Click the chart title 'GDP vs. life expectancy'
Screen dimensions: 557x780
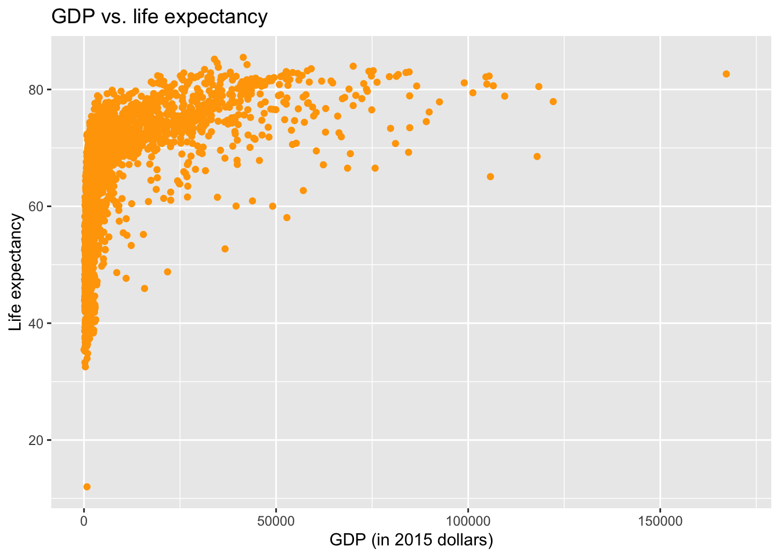[x=160, y=17]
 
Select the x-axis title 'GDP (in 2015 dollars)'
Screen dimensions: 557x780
[x=411, y=540]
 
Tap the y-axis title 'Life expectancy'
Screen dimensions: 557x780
[x=16, y=273]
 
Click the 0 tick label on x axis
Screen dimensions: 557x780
[x=84, y=522]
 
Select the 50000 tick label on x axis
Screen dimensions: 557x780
[x=276, y=522]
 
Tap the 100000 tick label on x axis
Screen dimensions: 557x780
[x=468, y=522]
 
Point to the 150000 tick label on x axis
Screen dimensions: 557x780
[x=660, y=522]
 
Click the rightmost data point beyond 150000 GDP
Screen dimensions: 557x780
[x=726, y=74]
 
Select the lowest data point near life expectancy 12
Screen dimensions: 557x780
[x=87, y=487]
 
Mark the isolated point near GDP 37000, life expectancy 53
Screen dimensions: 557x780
[x=225, y=249]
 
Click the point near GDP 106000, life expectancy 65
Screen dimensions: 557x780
[x=490, y=176]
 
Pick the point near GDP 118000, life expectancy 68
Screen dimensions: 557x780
[x=537, y=157]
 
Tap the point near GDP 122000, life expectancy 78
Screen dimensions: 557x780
[x=553, y=102]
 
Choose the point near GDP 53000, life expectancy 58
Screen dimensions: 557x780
[x=287, y=218]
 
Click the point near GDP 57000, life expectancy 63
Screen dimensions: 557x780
[x=303, y=190]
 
